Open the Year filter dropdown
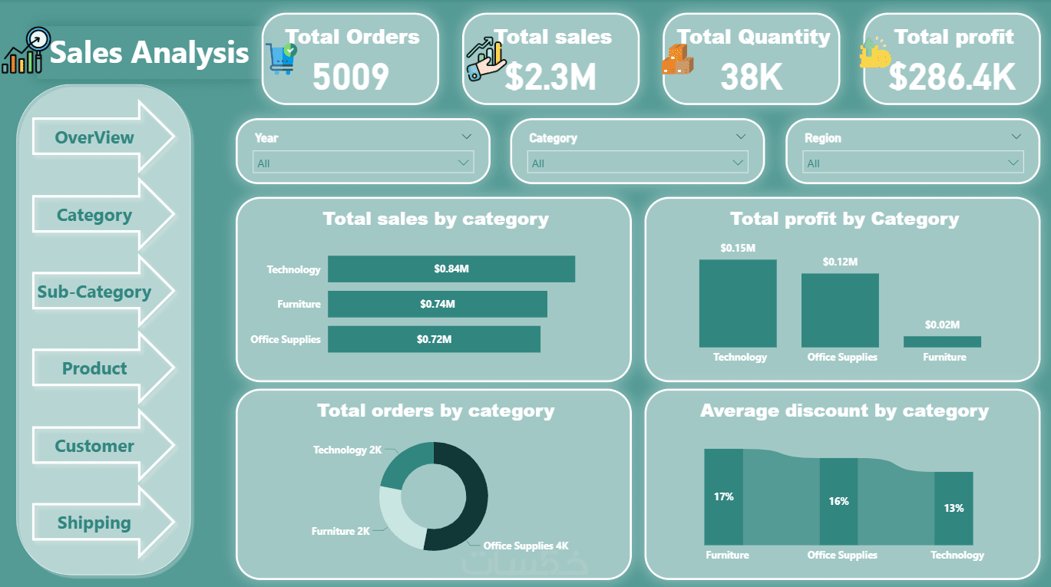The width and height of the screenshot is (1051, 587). click(x=363, y=163)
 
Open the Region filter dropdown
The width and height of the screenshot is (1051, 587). click(x=913, y=163)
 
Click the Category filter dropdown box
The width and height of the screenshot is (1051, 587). click(x=637, y=163)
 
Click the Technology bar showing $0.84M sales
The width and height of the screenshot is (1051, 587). click(x=451, y=269)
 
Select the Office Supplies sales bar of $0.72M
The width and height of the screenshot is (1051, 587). click(x=434, y=339)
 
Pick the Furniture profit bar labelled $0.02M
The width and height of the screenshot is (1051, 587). click(x=942, y=341)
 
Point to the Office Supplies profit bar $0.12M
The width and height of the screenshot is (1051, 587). click(x=840, y=311)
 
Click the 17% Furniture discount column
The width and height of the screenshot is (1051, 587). click(x=723, y=496)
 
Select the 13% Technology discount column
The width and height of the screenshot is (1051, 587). click(x=954, y=508)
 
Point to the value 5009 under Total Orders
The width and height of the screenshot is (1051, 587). click(x=351, y=77)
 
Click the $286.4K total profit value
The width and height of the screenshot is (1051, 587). click(x=952, y=77)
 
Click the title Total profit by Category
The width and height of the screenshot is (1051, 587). click(x=844, y=219)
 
